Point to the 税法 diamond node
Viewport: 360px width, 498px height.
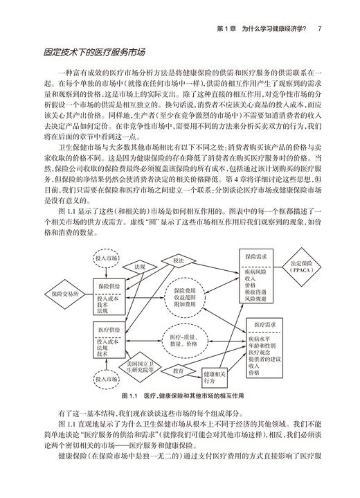(x=179, y=260)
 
